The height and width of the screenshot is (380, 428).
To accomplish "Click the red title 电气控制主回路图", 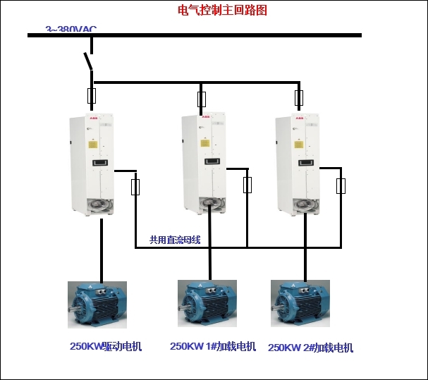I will [x=222, y=11].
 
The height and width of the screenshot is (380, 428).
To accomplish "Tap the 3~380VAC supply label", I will [x=71, y=30].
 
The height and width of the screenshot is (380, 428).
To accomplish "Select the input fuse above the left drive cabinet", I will [x=91, y=96].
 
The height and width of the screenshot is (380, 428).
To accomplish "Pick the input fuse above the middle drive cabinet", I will [x=202, y=98].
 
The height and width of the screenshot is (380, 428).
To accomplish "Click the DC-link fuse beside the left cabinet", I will [x=135, y=187].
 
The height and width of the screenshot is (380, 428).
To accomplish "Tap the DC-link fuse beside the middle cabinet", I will [x=247, y=185].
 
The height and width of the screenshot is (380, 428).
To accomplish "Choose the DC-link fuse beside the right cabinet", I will [x=341, y=186].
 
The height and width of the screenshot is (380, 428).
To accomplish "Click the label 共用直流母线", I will [x=175, y=240].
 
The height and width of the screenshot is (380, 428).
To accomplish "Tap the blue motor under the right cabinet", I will [x=300, y=304].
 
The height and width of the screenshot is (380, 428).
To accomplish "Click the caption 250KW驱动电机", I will [x=106, y=346].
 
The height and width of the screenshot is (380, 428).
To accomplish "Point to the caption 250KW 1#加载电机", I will [x=213, y=346].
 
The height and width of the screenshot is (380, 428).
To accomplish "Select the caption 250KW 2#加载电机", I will [x=310, y=348].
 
